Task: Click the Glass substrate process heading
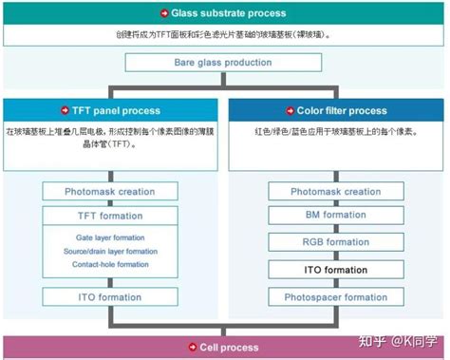pos(229,14)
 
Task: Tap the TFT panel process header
pos(119,109)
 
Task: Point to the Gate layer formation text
pos(108,237)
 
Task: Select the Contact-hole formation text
pos(110,264)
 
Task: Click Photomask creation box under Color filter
pos(335,191)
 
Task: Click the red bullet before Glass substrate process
pos(163,14)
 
